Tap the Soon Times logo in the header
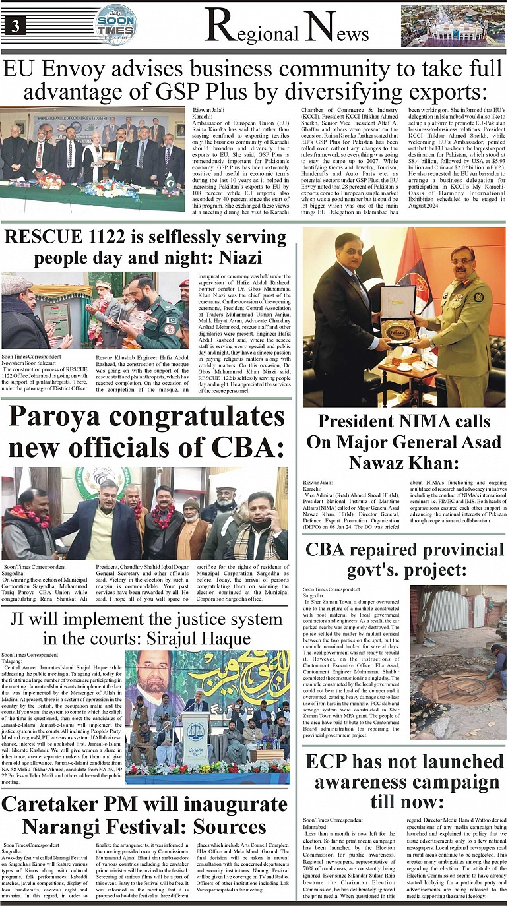tap(115, 24)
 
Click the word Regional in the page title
tap(251, 28)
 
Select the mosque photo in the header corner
tap(453, 26)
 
